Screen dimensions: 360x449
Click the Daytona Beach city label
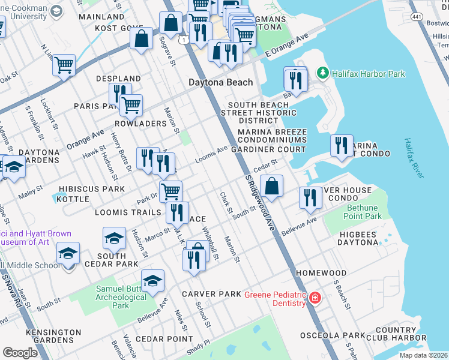(220, 82)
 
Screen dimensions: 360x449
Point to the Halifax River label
(414, 157)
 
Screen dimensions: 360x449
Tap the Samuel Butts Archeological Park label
(121, 297)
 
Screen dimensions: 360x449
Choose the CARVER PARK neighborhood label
(211, 294)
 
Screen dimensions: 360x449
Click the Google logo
(20, 353)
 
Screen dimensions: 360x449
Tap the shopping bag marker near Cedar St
(272, 187)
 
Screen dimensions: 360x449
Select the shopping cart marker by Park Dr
(171, 191)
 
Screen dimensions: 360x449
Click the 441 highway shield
(415, 4)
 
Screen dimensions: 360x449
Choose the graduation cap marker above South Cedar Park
(114, 239)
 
